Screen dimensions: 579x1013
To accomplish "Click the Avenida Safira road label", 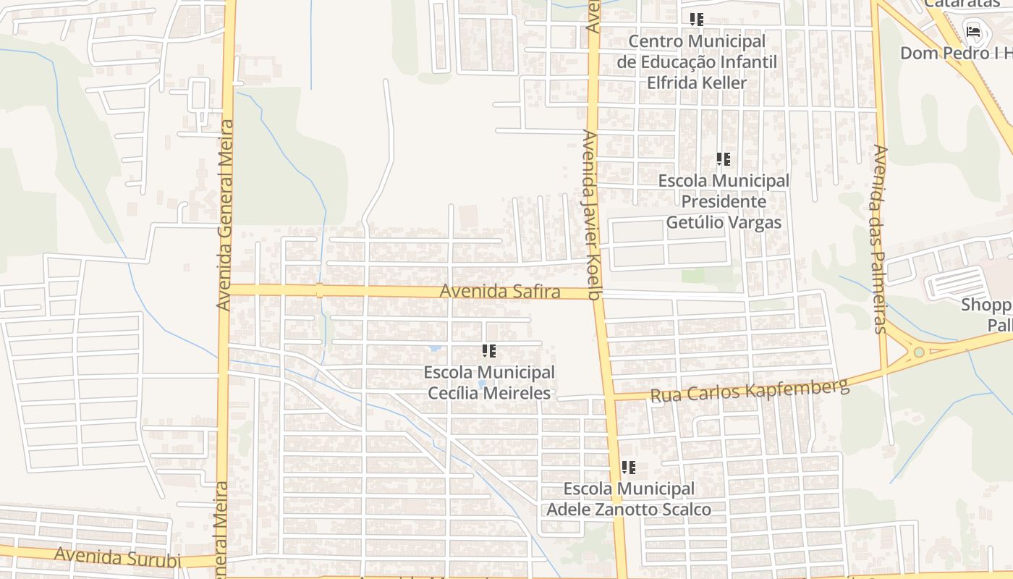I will point(500,292).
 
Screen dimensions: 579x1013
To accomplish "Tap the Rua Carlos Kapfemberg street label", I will point(749,391).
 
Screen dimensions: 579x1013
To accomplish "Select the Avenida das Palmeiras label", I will point(880,239).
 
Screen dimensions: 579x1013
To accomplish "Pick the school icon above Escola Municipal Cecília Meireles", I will point(489,352).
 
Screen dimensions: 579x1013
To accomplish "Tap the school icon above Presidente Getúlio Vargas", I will point(723,159).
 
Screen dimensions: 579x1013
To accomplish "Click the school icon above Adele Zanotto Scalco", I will point(629,468).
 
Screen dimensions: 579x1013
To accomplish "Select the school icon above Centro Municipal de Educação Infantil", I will point(697,20).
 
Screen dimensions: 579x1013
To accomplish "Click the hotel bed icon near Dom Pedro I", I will point(973,32).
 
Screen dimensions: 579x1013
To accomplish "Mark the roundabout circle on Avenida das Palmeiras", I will point(919,352).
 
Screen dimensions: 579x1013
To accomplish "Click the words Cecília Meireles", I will point(489,394).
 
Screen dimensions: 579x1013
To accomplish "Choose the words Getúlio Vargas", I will point(724,222).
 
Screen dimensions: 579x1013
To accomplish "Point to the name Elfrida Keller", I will point(696,83).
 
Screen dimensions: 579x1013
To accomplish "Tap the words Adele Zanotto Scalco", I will point(628,510).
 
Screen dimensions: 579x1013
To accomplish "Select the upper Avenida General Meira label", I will point(225,215).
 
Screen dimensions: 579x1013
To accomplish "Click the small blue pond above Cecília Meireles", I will point(434,348).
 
